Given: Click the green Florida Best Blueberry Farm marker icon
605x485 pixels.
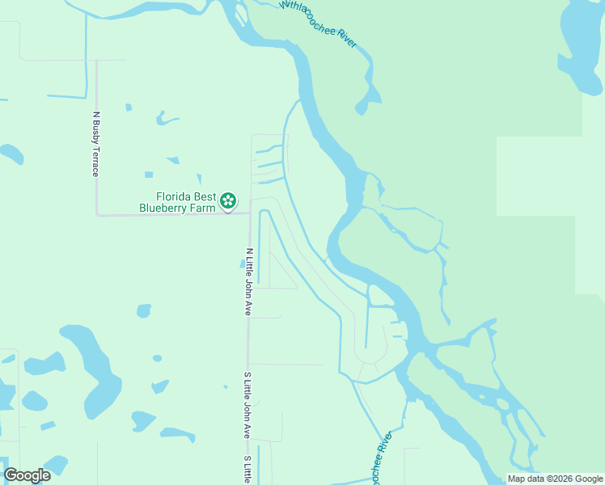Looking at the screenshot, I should pos(229,199).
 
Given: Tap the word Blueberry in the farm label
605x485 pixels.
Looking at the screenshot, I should pos(166,208).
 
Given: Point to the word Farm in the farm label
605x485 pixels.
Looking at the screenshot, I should pos(204,208).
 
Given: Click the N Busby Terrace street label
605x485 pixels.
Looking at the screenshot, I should pos(95,144).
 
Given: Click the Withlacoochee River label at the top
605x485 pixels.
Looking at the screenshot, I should pos(318,23).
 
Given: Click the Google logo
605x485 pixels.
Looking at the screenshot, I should pos(27,475).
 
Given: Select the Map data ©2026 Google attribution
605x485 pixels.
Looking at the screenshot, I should pos(554,479).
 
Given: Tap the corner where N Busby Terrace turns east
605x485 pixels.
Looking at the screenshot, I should pos(97,214).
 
